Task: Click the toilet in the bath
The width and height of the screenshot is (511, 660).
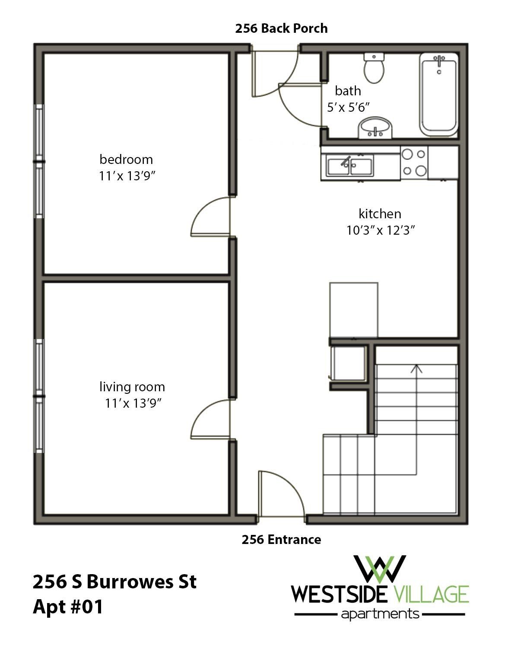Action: coord(374,68)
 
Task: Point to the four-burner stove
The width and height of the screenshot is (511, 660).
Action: coord(414,162)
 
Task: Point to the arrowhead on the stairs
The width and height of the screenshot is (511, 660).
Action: coord(416,368)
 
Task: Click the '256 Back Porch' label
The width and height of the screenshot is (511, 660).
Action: coord(281,28)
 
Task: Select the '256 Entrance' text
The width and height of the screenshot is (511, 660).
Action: coord(281,539)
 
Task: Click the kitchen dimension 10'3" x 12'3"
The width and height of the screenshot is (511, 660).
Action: coord(381,230)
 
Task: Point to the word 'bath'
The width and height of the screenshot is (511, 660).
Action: coord(348,91)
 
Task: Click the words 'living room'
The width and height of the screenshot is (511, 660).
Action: coord(132,387)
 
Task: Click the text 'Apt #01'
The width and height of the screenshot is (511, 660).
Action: coord(68,607)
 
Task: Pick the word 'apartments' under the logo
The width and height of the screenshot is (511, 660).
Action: coord(380,613)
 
